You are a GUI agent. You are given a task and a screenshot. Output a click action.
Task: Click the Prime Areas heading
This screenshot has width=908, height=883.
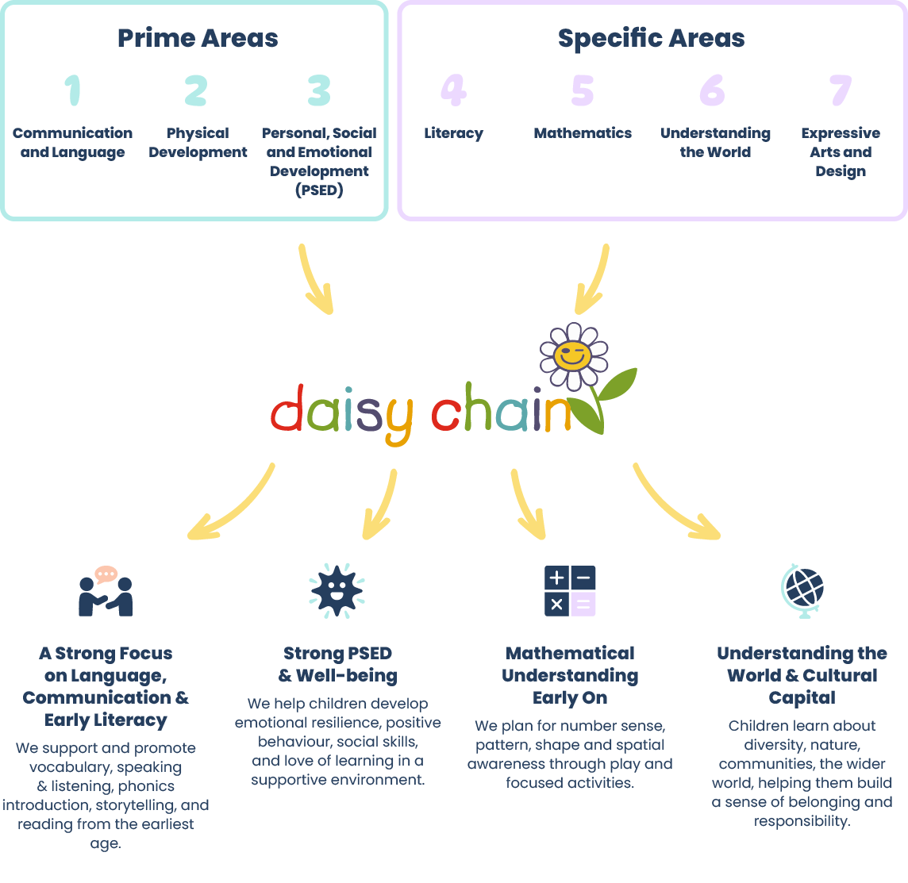[x=198, y=38]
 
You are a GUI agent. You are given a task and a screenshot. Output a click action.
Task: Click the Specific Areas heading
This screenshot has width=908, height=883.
[x=651, y=38]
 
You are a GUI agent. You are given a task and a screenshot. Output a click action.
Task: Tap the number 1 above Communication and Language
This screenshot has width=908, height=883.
[x=73, y=90]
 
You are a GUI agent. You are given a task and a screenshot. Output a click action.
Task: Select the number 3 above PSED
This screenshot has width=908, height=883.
[x=319, y=90]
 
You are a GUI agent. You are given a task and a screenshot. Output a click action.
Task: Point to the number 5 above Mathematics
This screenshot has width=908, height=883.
[x=583, y=90]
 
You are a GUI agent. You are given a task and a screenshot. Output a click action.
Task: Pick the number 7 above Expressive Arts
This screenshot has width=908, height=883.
[x=841, y=90]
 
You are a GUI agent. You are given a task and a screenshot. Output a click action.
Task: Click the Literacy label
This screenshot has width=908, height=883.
[x=453, y=133]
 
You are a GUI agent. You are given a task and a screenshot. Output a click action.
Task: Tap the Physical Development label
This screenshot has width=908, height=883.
[x=198, y=143]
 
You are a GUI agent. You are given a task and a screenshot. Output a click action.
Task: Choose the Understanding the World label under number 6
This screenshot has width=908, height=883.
[x=715, y=143]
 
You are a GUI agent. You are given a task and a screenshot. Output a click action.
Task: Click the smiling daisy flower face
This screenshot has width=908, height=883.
[x=573, y=355]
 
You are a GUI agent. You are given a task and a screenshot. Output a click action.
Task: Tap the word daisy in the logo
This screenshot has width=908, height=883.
[x=341, y=413]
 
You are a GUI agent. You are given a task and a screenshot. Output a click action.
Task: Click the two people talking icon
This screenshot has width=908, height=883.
[x=106, y=592]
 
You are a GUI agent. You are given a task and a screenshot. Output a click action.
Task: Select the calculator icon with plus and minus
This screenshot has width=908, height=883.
[x=570, y=591]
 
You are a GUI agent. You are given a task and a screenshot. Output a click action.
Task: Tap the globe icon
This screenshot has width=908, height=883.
[x=802, y=590]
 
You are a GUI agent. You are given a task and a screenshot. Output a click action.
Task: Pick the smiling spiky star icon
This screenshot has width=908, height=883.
[x=337, y=590]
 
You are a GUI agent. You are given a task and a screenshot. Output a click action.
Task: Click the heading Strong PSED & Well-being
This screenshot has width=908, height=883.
[x=337, y=664]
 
